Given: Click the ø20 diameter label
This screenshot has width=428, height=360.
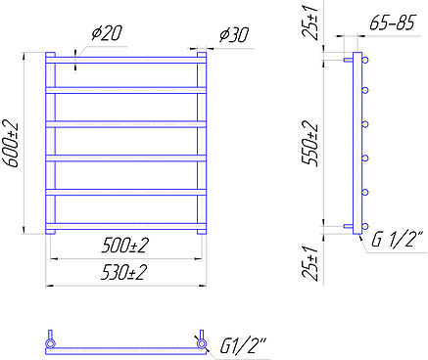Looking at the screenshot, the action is [x=107, y=33].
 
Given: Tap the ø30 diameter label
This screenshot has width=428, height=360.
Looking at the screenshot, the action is [x=234, y=35].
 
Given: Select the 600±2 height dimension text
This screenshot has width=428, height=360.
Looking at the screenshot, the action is [x=11, y=144].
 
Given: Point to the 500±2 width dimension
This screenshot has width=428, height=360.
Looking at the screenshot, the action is [x=125, y=246].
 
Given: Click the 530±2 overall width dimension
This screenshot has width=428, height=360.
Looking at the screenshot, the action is [x=124, y=272].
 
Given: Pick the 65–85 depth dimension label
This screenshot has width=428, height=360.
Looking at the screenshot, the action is [x=392, y=22].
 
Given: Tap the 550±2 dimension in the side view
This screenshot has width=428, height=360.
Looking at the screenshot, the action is [x=310, y=144].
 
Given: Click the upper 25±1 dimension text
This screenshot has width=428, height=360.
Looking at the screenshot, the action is [x=310, y=22].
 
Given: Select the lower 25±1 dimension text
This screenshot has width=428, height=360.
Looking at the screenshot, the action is [x=310, y=263].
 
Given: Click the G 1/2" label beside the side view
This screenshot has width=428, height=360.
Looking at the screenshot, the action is [x=398, y=240].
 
